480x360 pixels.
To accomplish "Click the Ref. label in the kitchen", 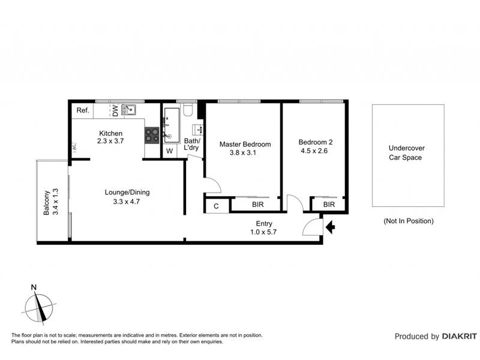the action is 83,110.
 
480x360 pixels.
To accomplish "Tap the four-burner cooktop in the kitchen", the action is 152,135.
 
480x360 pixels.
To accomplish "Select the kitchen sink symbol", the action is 129,110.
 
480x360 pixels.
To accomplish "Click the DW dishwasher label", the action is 115,110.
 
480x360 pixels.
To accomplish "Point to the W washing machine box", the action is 170,151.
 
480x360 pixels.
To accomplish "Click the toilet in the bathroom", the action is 188,110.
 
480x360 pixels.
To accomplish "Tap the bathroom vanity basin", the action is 197,130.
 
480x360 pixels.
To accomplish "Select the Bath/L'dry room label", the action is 192,144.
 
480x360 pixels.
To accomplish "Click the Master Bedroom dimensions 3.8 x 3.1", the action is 243,152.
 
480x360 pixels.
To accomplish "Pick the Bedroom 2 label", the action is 316,142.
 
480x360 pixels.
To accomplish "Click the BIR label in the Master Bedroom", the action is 258,205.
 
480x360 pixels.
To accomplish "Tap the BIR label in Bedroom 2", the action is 329,205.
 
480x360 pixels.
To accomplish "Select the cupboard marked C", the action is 217,206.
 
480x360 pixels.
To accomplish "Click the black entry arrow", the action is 331,227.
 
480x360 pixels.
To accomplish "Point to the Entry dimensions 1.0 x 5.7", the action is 263,232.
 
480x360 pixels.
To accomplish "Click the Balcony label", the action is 46,203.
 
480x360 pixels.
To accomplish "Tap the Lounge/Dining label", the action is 127,192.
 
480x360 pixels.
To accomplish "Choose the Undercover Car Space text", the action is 406,153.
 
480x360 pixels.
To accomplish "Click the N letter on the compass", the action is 34,287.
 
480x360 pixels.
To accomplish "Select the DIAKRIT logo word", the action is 460,337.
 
